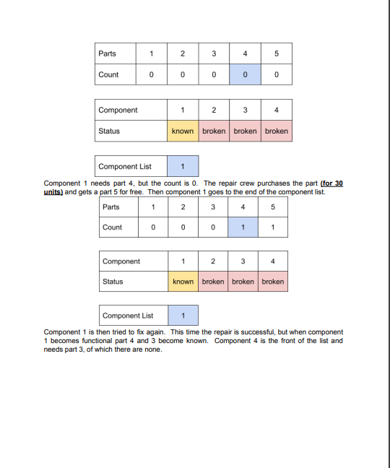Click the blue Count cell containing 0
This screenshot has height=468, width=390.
(246, 74)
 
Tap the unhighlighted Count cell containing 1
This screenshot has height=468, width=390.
(273, 227)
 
